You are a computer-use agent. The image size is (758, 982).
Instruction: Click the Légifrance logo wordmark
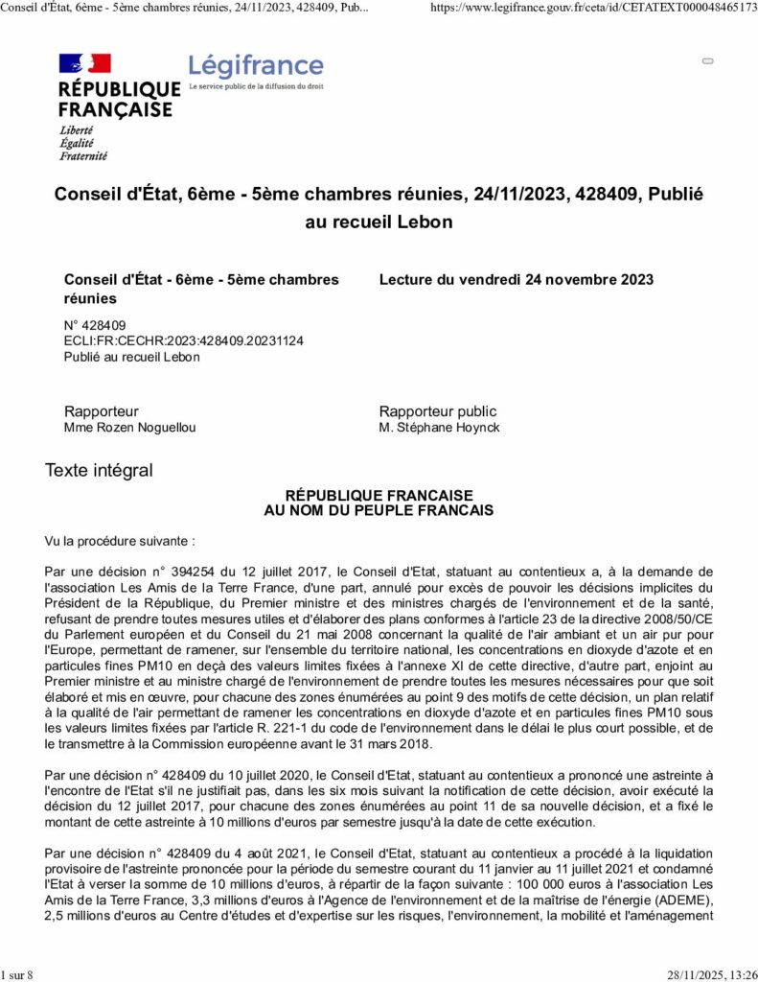coord(256,66)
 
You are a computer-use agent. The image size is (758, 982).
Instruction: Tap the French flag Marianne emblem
coord(85,64)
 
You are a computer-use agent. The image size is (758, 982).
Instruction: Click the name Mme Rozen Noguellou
coord(129,428)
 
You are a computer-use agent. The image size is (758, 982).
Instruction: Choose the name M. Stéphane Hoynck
coord(439,428)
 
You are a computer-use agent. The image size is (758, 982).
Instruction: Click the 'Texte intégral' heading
coord(99,471)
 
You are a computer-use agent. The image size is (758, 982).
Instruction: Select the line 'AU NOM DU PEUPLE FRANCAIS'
coord(379,511)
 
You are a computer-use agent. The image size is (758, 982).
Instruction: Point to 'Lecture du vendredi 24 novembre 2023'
coord(517,280)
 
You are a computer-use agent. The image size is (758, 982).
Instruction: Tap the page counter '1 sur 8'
coord(17,975)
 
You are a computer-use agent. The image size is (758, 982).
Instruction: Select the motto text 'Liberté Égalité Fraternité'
coord(83,143)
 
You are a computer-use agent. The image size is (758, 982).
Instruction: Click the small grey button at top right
coord(708,60)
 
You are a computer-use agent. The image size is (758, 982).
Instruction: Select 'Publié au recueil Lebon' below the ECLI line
coord(131,357)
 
